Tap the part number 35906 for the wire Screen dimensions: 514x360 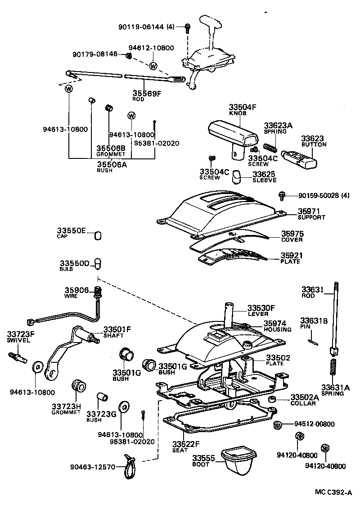(x=77, y=291)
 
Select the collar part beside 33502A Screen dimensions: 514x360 (x=272, y=400)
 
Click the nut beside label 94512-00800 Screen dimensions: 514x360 (x=278, y=424)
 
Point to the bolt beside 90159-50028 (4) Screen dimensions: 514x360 (x=282, y=195)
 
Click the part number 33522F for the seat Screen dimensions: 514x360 (x=186, y=445)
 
